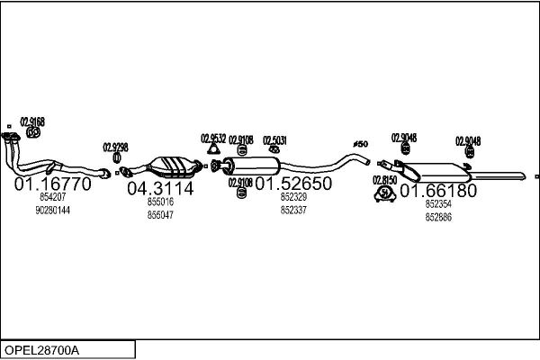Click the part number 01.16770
52,184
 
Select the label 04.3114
159,188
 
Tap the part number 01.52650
293,184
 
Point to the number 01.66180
437,191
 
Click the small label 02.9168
32,122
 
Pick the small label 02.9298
115,147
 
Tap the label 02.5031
274,139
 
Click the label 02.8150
384,180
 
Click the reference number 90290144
52,210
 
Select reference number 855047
160,215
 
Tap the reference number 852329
293,196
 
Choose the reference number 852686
438,217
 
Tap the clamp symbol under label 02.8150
385,193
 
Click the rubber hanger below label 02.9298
116,159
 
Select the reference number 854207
52,196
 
